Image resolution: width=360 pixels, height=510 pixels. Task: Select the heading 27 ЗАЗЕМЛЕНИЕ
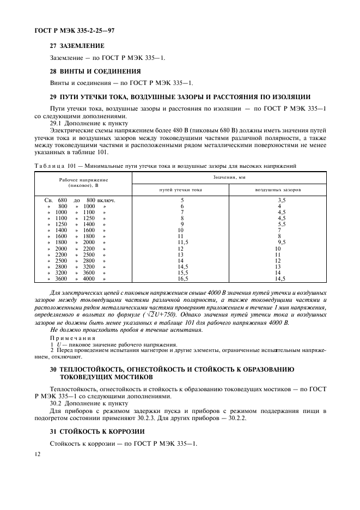coord(77,46)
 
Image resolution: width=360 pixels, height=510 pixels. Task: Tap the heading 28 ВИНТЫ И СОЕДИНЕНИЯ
coord(95,71)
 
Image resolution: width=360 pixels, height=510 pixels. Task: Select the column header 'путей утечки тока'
coord(180,190)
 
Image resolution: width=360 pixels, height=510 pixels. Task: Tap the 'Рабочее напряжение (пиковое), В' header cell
coord(83,183)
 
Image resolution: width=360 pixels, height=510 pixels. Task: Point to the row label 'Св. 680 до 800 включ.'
coord(80,200)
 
